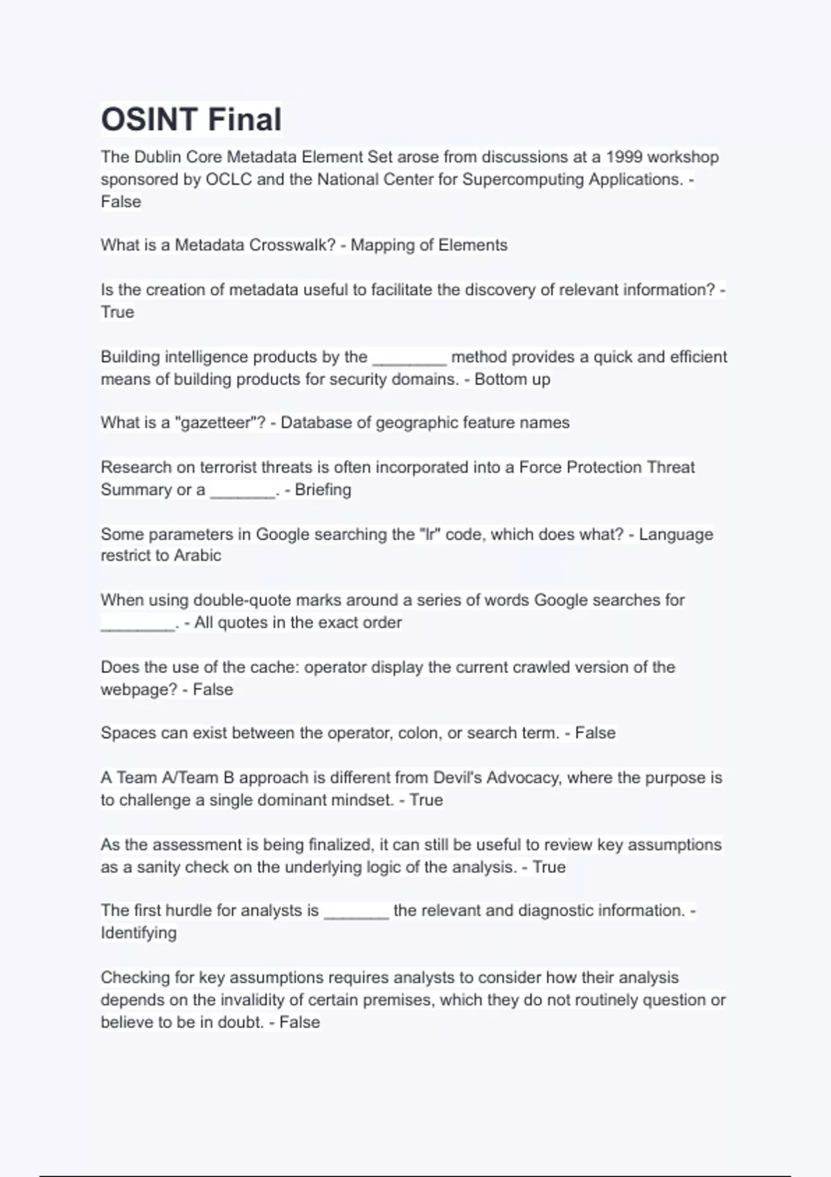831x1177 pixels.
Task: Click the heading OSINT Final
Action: click(191, 119)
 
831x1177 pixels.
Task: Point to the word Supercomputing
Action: click(522, 179)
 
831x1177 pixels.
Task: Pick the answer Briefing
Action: click(323, 489)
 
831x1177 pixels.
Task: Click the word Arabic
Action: click(197, 555)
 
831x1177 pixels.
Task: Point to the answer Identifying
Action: click(138, 933)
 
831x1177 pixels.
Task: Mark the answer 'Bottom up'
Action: click(512, 379)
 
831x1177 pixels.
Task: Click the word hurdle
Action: click(188, 910)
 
